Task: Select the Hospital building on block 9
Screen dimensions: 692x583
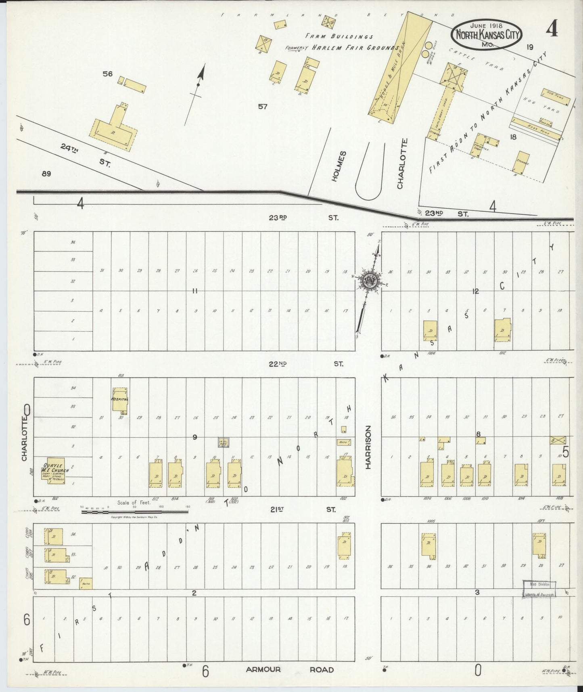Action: coord(120,400)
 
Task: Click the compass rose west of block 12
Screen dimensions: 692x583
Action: coord(369,281)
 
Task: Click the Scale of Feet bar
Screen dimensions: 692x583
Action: coord(135,512)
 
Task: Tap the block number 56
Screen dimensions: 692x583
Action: coord(107,74)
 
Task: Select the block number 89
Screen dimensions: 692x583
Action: coord(46,174)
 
